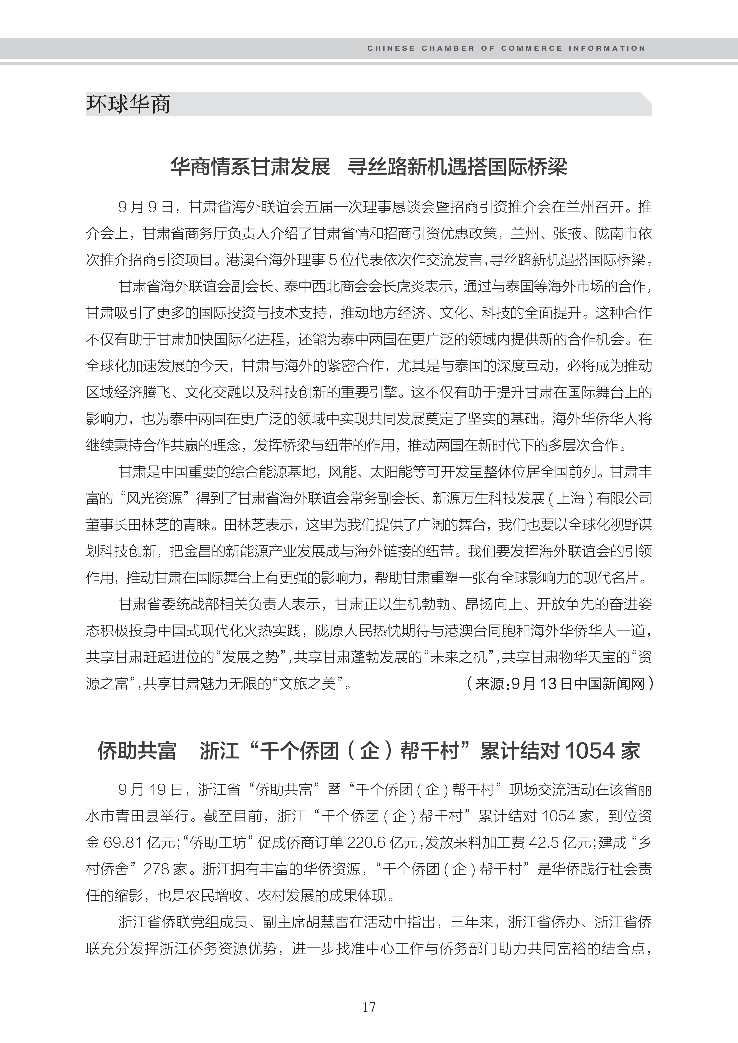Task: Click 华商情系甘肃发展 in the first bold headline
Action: [x=250, y=167]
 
